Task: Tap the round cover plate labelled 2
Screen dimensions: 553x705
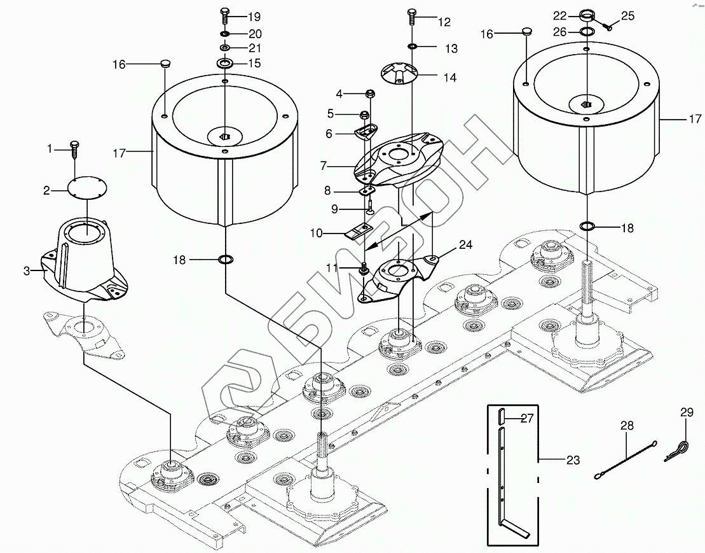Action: click(x=87, y=188)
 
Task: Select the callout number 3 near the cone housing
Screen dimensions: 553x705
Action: click(x=27, y=271)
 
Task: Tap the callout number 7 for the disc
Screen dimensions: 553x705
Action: click(x=324, y=166)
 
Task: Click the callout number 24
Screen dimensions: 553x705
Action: click(x=466, y=245)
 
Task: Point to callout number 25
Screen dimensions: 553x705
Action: click(x=627, y=17)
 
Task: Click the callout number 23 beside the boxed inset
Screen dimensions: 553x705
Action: click(x=573, y=459)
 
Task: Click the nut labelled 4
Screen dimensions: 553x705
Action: click(x=369, y=94)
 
